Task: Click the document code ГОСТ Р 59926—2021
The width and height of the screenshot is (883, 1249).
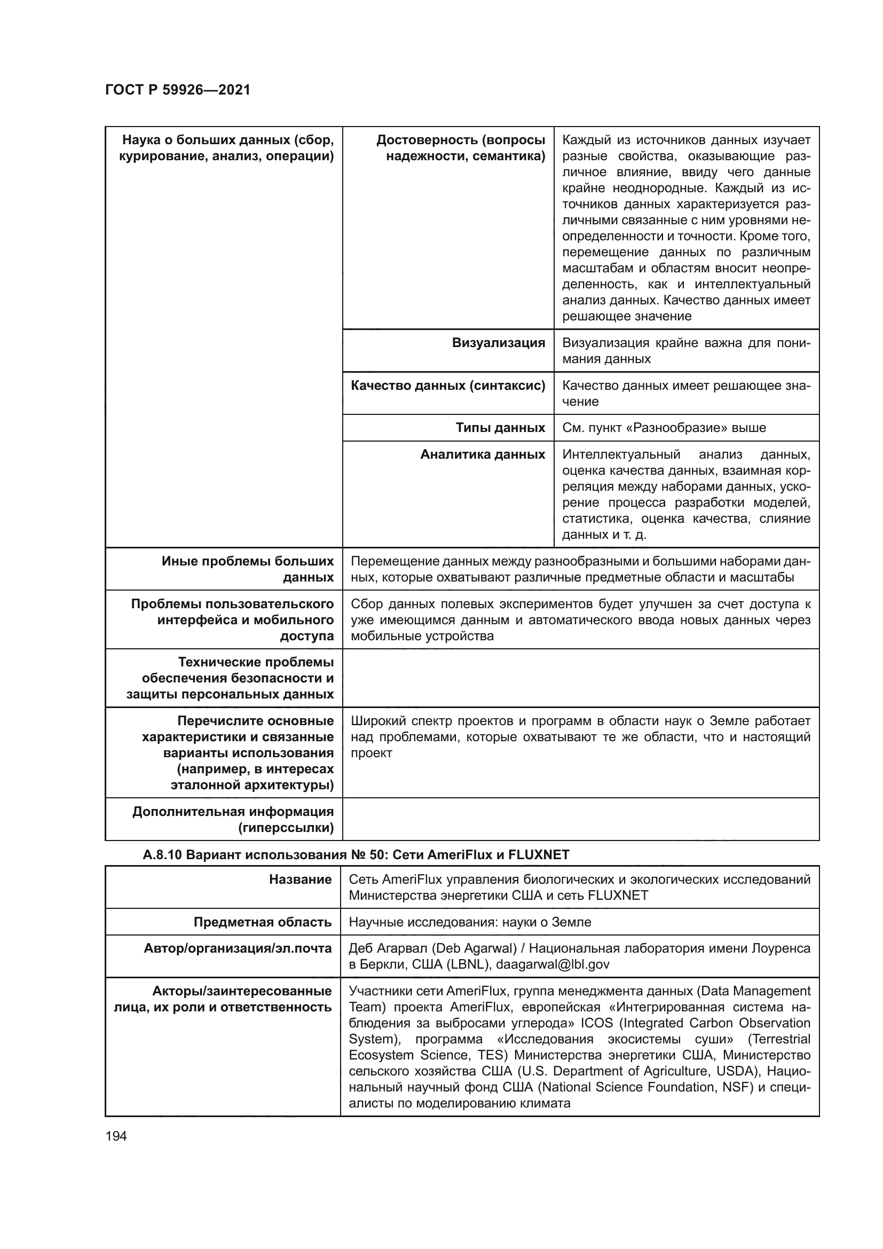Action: (177, 90)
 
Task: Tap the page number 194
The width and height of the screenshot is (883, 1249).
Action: (116, 1136)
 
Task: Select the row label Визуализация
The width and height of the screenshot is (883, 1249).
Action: (498, 343)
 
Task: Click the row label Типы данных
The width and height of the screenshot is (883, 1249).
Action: (500, 428)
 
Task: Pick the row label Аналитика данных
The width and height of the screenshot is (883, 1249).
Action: (482, 454)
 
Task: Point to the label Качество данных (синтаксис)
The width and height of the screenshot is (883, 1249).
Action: (448, 386)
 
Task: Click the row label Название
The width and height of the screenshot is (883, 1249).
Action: (300, 879)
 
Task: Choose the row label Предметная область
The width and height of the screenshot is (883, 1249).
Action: (263, 922)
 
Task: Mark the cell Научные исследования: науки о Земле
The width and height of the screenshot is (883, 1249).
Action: (470, 922)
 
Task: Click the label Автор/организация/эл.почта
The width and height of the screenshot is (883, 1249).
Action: (238, 949)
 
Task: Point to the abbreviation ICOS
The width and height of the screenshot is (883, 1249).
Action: (596, 1023)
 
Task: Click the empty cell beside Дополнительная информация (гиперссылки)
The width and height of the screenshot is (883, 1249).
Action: (580, 819)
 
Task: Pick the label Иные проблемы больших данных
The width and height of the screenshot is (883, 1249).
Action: (248, 569)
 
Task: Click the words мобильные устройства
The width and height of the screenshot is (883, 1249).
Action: (422, 636)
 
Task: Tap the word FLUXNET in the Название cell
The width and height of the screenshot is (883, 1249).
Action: (618, 895)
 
